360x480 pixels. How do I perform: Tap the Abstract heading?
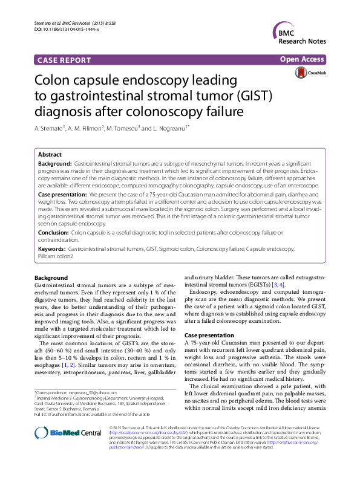click(x=50, y=155)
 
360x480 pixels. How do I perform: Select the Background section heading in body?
click(x=51, y=277)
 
